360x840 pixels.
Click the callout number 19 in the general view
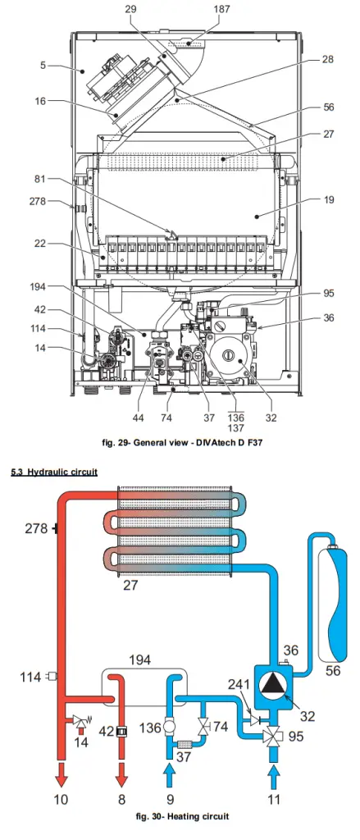click(329, 200)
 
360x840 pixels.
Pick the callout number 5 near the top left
click(43, 66)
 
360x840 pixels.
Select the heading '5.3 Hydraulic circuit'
click(54, 472)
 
